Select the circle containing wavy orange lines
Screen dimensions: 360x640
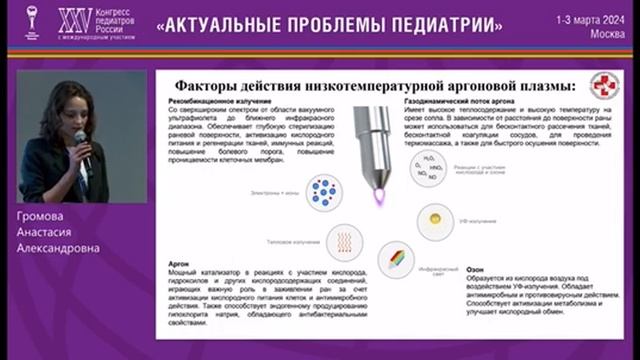[344, 241]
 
